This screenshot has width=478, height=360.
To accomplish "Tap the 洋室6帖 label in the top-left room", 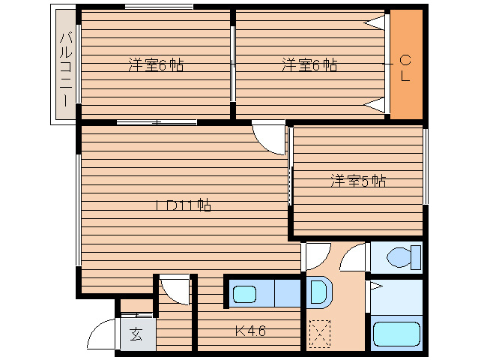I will [x=155, y=65].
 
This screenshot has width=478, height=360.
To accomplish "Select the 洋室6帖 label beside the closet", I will [x=309, y=65].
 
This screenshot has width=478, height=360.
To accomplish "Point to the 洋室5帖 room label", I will [x=358, y=181].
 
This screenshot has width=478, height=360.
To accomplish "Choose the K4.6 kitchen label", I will [x=249, y=329].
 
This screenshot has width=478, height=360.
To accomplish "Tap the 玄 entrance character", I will [x=137, y=334].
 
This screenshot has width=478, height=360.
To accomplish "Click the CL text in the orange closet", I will [x=405, y=67].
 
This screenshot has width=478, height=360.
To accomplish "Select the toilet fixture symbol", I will [x=402, y=258].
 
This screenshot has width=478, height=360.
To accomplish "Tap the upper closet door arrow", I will [x=374, y=24].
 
